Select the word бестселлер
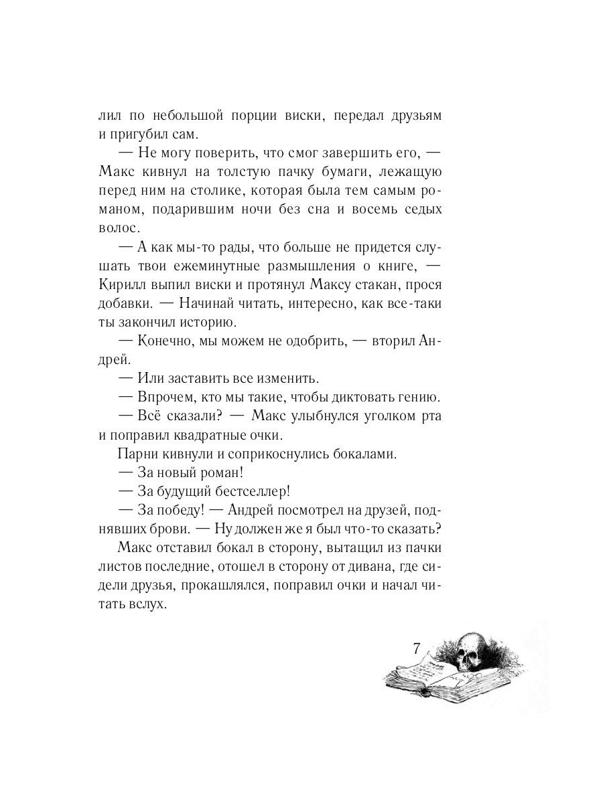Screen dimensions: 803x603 (245, 490)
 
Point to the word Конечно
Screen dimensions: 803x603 (162, 341)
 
